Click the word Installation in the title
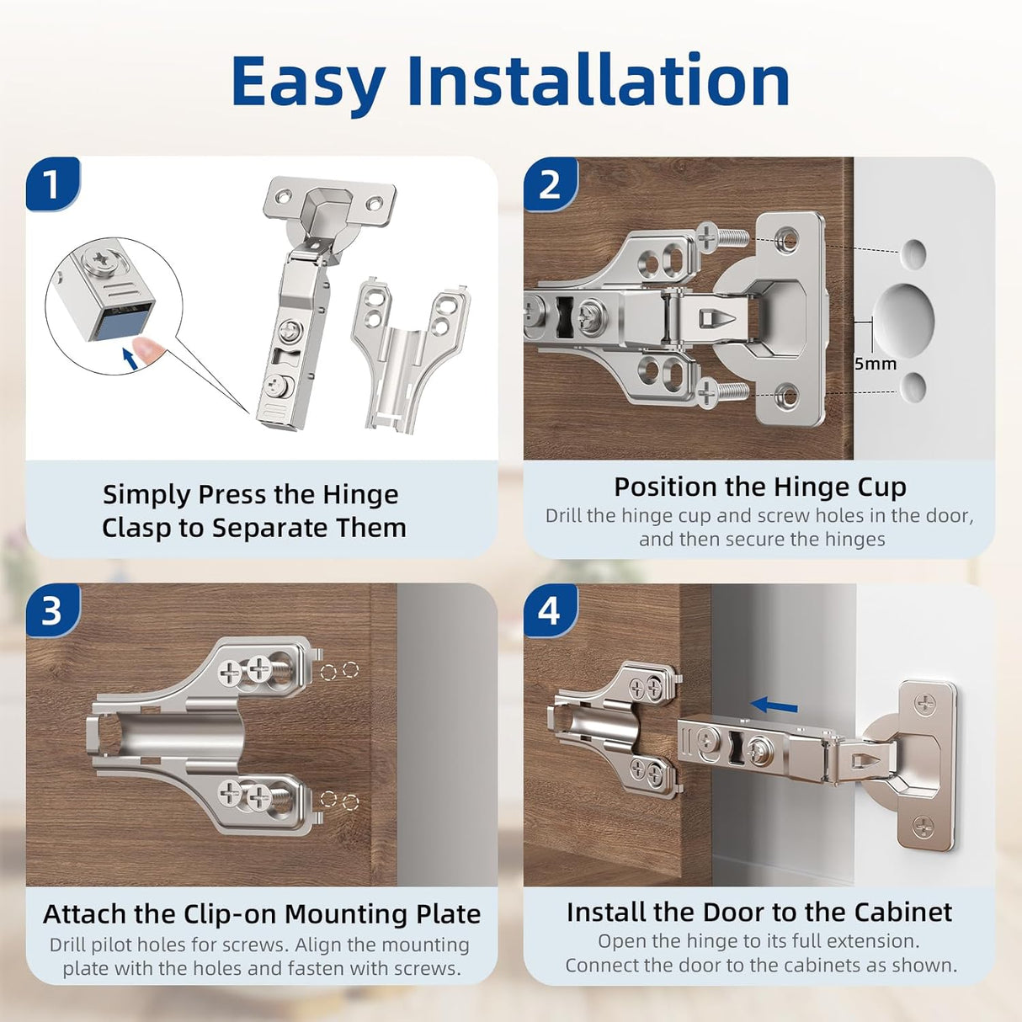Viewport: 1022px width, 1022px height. [598, 82]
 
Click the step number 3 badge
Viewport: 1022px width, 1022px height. [52, 610]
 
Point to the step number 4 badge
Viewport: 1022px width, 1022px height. [550, 610]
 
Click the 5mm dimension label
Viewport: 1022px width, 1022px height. [876, 364]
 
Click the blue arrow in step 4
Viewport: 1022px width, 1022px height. [774, 705]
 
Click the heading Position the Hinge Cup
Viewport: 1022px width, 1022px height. [759, 487]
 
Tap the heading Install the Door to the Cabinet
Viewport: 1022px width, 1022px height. [759, 912]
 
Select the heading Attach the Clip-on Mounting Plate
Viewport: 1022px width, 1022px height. [262, 913]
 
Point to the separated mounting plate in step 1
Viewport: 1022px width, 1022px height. [410, 354]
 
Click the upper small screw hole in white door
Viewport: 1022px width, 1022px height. [913, 253]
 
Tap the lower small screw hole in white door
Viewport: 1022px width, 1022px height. [913, 387]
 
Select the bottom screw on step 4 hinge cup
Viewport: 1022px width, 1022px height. [924, 827]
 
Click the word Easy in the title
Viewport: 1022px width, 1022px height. [307, 82]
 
